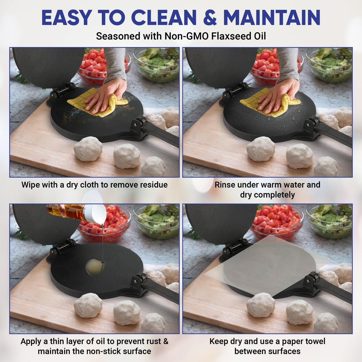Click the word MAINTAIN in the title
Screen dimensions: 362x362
(x=272, y=18)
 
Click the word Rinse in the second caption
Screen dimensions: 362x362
(x=225, y=185)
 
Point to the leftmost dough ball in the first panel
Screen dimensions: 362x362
(x=88, y=149)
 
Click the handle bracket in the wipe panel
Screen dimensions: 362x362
(x=139, y=125)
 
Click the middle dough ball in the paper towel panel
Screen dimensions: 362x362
(x=299, y=312)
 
